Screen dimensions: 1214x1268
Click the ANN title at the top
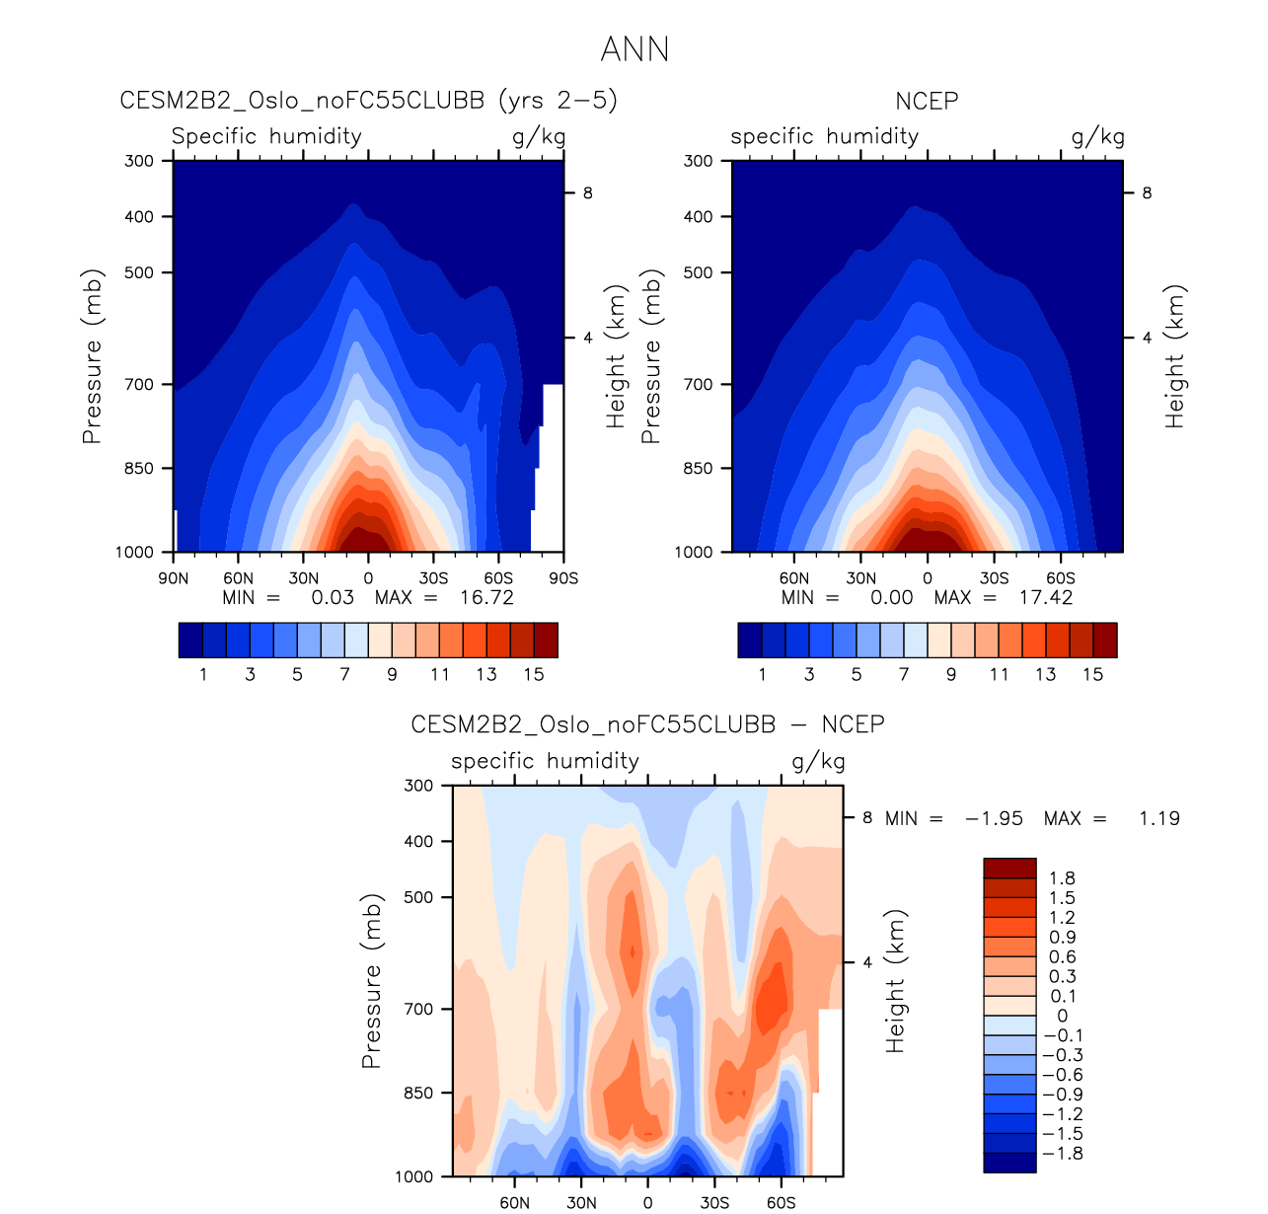tap(634, 49)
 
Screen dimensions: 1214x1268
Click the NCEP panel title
tap(927, 101)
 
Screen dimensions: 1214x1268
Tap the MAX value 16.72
tap(486, 597)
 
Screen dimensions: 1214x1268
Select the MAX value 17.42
tap(1046, 597)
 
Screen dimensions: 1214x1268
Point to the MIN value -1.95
tap(994, 818)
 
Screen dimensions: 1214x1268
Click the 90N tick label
tap(174, 578)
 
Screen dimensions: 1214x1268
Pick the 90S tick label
tap(563, 578)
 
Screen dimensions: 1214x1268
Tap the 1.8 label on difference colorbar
tap(1063, 878)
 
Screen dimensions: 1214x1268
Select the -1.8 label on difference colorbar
tap(1062, 1154)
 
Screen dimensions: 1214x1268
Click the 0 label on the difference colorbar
tap(1062, 1016)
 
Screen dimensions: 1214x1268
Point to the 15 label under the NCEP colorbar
tap(1092, 674)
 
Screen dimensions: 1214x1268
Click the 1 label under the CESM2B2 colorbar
tap(203, 674)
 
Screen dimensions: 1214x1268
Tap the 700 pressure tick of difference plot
tap(419, 1009)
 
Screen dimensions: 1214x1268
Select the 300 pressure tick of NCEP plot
tap(698, 161)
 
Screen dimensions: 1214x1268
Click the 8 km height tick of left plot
tap(588, 193)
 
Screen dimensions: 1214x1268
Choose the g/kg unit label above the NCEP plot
tap(1097, 136)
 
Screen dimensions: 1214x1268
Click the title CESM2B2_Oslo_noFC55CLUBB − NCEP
tap(647, 724)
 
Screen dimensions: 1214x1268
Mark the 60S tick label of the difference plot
tap(781, 1202)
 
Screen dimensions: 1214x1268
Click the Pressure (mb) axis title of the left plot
tap(92, 356)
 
